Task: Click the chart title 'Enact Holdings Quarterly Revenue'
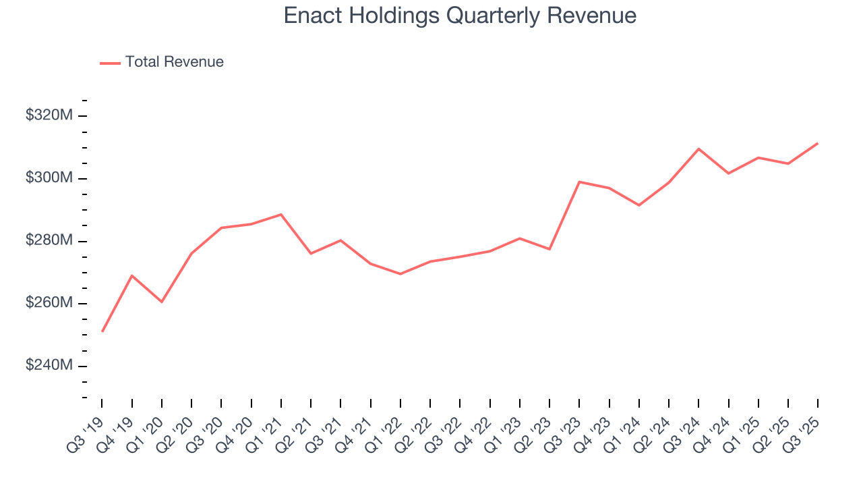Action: [x=460, y=15]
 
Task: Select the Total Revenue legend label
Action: [x=174, y=62]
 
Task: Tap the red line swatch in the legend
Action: [x=110, y=63]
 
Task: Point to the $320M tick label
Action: [x=49, y=115]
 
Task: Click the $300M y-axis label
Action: [x=49, y=178]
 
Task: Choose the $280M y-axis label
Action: [x=49, y=241]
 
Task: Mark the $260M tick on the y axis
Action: [x=49, y=303]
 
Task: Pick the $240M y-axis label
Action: [x=49, y=366]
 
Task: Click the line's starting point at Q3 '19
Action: [x=102, y=331]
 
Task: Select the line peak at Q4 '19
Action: [x=132, y=275]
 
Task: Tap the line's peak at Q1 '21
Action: [x=281, y=215]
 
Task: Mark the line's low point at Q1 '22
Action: [x=400, y=274]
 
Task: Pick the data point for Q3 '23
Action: [x=579, y=182]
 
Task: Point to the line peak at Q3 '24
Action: [x=698, y=148]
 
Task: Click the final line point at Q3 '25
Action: [x=818, y=143]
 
